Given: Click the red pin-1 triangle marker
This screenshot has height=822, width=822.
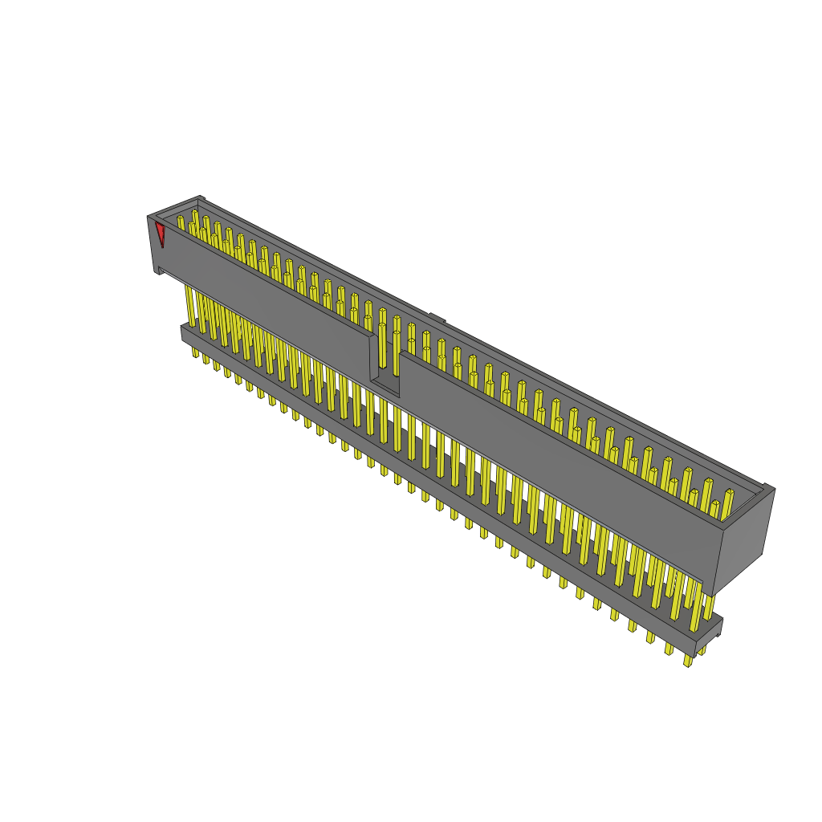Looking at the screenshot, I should point(160,233).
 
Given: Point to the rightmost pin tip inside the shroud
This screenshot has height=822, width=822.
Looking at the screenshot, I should point(729,493).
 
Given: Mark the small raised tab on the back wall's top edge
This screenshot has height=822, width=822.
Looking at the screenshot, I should point(436,318).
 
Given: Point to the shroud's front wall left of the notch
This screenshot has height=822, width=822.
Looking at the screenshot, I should point(265,297).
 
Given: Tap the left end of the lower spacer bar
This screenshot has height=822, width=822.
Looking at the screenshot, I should point(185,332).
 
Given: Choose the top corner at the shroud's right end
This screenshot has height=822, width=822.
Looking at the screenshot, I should point(769,487).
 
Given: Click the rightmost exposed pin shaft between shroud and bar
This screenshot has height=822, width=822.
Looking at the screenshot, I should point(709,607).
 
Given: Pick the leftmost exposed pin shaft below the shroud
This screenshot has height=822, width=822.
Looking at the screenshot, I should point(190,305).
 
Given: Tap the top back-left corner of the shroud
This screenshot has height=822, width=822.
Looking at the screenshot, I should point(200,198).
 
